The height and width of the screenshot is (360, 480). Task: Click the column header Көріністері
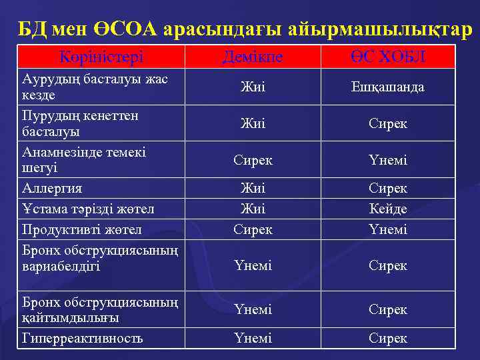(x=101, y=57)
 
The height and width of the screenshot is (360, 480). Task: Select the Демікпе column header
(x=253, y=57)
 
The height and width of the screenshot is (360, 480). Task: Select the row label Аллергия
(x=53, y=189)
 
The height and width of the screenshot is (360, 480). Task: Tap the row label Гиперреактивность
(x=83, y=338)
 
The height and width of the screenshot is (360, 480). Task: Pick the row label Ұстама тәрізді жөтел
(x=88, y=209)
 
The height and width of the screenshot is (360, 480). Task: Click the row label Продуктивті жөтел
(x=82, y=229)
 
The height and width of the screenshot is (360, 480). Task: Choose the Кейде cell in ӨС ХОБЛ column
(x=388, y=209)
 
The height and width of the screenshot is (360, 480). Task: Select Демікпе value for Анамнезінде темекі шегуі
(x=253, y=161)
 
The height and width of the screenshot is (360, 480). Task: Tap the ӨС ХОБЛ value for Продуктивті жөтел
(x=388, y=229)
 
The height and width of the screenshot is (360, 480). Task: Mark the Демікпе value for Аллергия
(x=253, y=189)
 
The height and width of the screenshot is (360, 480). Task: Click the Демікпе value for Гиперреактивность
(x=253, y=338)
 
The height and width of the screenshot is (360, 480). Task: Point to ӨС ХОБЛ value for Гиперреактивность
(x=388, y=338)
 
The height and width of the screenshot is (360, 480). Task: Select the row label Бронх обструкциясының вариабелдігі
(x=100, y=258)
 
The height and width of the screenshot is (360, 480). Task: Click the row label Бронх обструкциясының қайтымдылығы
(x=100, y=309)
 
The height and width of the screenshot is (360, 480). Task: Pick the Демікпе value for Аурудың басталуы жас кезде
(x=253, y=87)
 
